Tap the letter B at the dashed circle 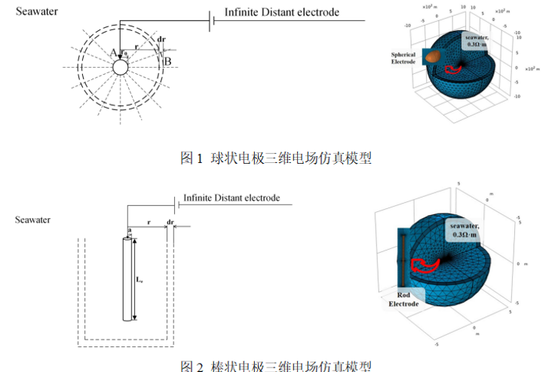pyautogui.click(x=167, y=61)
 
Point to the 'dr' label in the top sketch pyautogui.click(x=162, y=40)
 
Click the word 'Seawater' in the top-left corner pyautogui.click(x=38, y=12)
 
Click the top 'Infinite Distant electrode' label pyautogui.click(x=281, y=12)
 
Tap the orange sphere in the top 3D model pyautogui.click(x=432, y=55)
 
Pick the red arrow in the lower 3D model pyautogui.click(x=427, y=263)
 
